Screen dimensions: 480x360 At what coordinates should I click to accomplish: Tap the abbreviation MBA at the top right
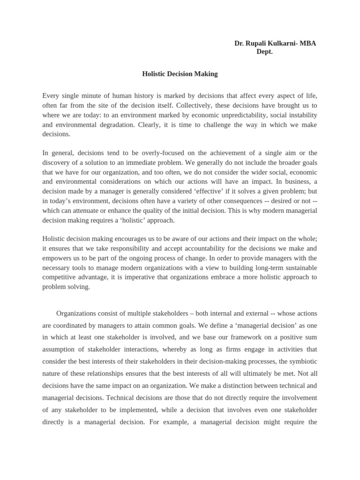307,44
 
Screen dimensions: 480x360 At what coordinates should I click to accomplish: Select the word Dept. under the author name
264,52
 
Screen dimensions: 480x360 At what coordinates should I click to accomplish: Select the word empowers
57,258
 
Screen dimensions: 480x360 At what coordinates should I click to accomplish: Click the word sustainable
300,268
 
